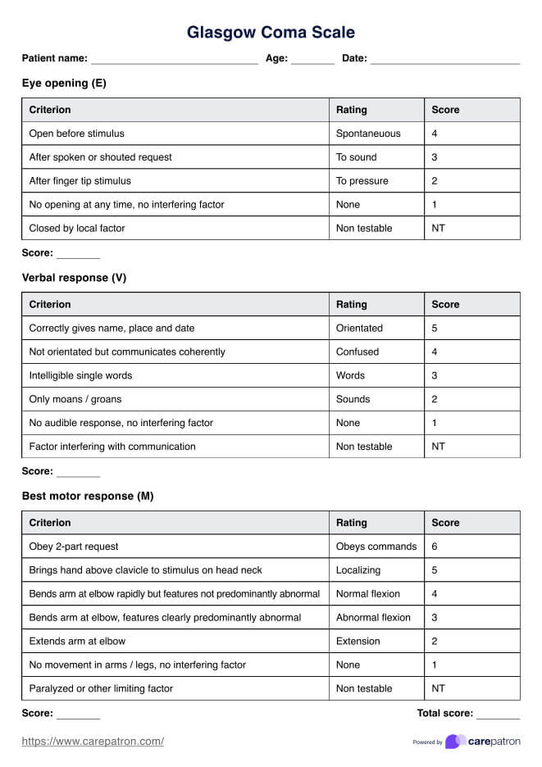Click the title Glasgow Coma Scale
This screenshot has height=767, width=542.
tap(271, 33)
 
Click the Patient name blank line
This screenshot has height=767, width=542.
tap(174, 59)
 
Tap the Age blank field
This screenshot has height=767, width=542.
tap(312, 59)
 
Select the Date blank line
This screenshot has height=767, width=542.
tap(445, 59)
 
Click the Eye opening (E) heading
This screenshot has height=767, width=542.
tap(64, 83)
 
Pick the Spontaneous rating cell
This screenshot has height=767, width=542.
tap(368, 134)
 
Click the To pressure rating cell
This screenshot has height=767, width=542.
tap(362, 181)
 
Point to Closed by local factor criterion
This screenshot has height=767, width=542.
tap(77, 229)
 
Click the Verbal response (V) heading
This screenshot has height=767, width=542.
tap(74, 278)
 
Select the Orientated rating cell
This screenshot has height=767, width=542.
tap(359, 329)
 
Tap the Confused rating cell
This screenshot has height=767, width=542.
tap(358, 352)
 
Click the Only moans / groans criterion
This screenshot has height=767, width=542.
tap(75, 400)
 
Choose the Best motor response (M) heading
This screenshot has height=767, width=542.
tap(88, 496)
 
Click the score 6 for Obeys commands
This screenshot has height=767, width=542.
tap(435, 547)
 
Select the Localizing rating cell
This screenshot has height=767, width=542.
tap(358, 570)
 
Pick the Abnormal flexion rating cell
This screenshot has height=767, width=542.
tap(373, 618)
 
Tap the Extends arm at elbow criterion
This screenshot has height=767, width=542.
tap(77, 642)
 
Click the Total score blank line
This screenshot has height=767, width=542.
tap(498, 715)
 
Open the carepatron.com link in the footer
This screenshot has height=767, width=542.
tap(93, 742)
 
